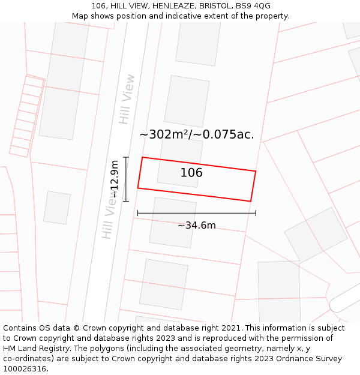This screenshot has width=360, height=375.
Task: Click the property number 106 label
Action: [191, 173]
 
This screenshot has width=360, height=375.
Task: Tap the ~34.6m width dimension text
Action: [196, 226]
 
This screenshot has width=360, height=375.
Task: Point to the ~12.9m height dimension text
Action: [114, 179]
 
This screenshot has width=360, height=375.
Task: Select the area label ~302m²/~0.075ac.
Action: [196, 134]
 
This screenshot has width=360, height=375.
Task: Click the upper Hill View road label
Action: [127, 99]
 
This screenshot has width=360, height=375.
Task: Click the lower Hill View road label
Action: [109, 219]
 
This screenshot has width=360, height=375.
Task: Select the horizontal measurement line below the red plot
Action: [196, 213]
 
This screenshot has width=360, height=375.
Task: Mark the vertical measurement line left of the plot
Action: [126, 179]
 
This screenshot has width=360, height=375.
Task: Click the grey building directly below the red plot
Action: [173, 222]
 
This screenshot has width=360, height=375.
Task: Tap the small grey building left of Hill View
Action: [57, 208]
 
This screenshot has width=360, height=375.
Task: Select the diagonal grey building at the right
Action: [316, 235]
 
